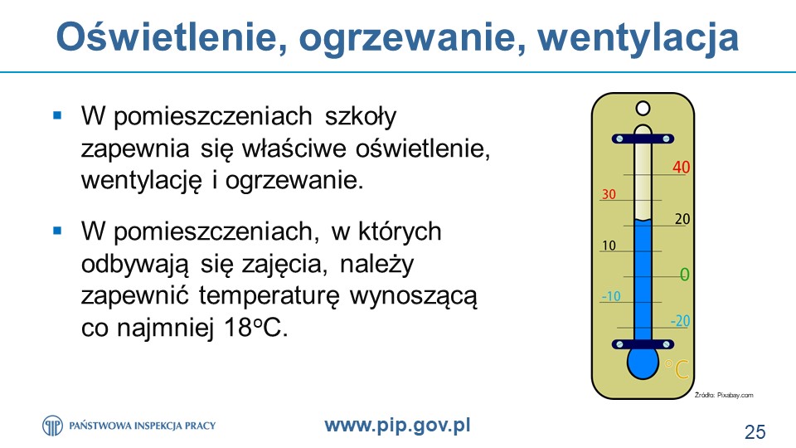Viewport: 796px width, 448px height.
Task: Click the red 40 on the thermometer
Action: (x=682, y=167)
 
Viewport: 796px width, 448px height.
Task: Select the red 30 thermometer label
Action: (x=609, y=194)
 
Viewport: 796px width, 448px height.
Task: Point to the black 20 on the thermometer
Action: (x=682, y=219)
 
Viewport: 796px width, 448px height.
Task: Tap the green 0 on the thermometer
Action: (x=684, y=275)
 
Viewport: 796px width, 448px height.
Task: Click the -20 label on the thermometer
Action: (x=680, y=321)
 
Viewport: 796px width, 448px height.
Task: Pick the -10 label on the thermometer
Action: (x=611, y=296)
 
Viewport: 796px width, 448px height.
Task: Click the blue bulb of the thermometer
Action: (x=643, y=363)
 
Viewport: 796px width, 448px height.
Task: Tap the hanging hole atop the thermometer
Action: (x=643, y=108)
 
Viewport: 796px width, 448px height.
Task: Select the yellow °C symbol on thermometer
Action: (x=677, y=369)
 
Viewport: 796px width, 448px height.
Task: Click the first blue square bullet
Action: (x=57, y=115)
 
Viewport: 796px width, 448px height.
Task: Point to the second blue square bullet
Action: (x=57, y=231)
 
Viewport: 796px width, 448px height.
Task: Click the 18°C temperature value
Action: (x=256, y=328)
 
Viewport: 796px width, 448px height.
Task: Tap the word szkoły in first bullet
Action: (x=361, y=117)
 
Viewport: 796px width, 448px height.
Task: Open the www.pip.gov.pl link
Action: (x=397, y=425)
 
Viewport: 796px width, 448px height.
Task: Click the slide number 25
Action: (x=755, y=431)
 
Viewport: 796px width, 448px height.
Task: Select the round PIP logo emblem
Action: (x=52, y=426)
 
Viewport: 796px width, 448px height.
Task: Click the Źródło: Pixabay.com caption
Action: (x=724, y=395)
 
